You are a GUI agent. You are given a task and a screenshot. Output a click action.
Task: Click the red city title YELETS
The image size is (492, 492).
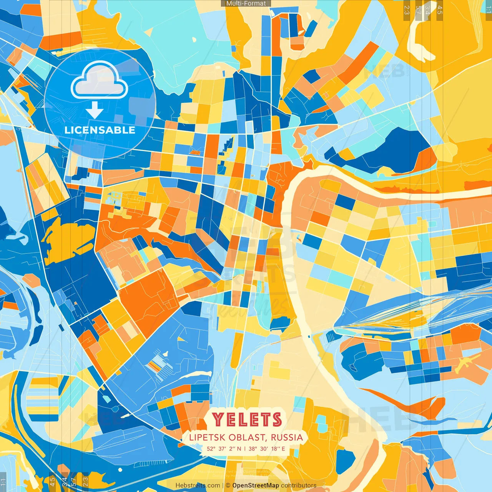coord(247,419)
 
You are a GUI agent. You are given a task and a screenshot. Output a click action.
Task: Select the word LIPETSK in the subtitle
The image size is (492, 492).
coord(207,437)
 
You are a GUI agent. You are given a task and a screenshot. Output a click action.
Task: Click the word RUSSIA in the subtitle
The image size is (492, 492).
coord(287,437)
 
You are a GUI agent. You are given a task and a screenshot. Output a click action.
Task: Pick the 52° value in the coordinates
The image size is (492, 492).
coord(211,449)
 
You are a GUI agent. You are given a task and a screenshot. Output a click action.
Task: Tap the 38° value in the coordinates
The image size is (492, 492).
coord(253,449)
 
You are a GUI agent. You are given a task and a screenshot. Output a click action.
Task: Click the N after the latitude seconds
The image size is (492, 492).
coord(239,449)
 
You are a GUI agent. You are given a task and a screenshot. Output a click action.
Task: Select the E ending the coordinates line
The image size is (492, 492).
coord(283,449)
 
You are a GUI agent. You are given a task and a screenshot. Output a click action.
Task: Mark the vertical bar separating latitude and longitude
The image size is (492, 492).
coord(245,449)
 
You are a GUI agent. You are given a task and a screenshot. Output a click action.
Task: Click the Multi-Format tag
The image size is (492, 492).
coord(246,3)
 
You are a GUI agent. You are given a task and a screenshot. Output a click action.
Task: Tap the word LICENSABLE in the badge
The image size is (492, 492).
coord(100,130)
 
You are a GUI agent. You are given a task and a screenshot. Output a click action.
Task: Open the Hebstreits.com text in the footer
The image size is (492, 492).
coord(198,485)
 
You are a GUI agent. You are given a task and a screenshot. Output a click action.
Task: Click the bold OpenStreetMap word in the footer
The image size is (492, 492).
coord(256,485)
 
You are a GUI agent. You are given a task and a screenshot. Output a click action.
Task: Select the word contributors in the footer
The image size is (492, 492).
coord(299,485)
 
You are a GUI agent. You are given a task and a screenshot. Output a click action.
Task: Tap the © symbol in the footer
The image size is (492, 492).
coord(228,485)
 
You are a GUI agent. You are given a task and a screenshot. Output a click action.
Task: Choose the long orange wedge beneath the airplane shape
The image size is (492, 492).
coord(407,402)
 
